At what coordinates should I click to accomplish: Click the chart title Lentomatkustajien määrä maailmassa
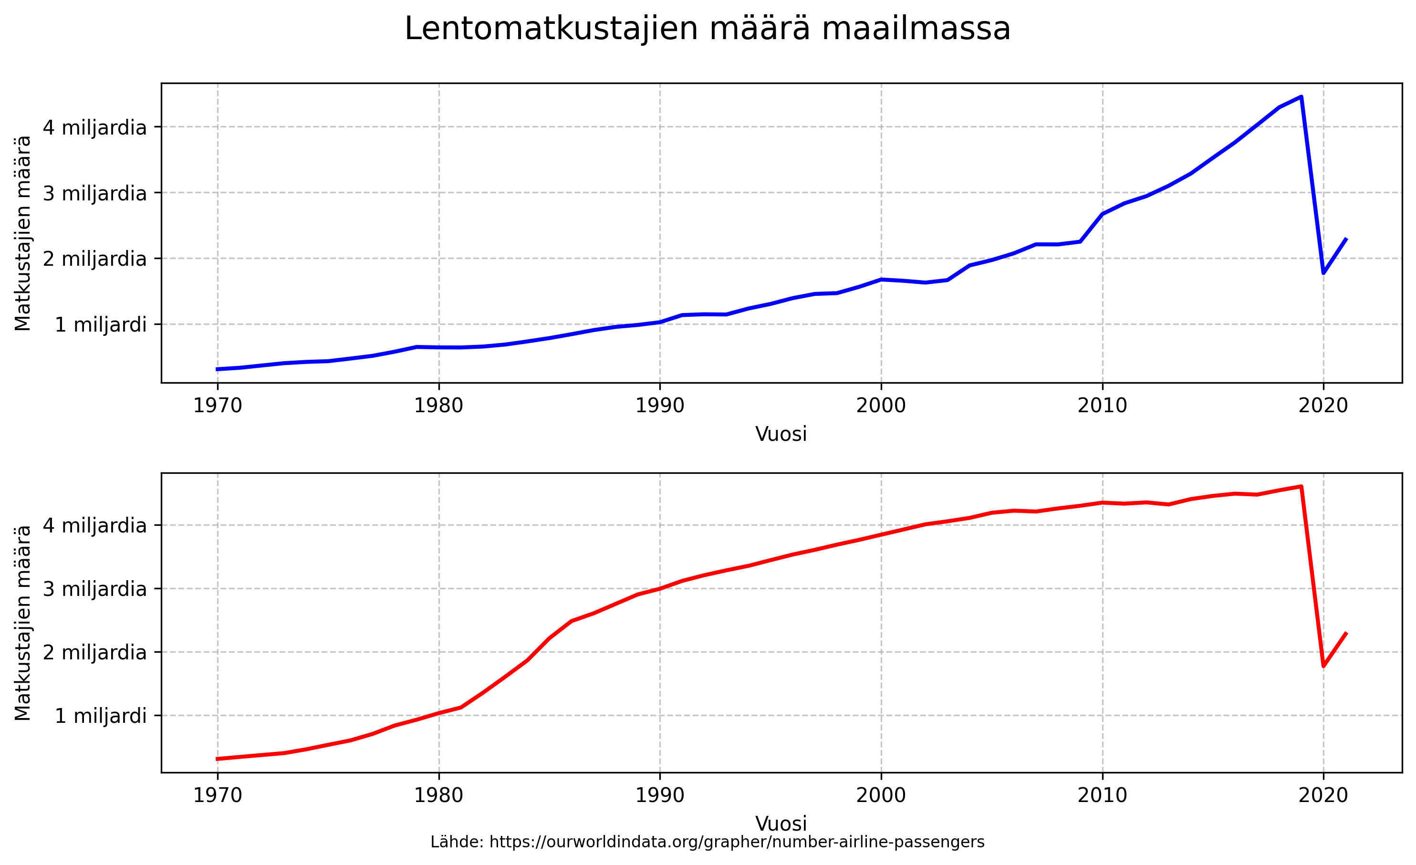(708, 29)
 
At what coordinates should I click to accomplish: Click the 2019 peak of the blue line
(1301, 96)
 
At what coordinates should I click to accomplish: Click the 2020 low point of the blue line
(1323, 272)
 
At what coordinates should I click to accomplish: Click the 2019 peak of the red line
(1301, 486)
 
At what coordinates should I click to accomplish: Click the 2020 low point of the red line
(1323, 666)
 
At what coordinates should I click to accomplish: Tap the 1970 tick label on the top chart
(217, 406)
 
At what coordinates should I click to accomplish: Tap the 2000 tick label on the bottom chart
(881, 795)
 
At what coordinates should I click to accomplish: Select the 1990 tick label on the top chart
(660, 406)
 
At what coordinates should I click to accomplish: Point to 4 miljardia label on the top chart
(95, 127)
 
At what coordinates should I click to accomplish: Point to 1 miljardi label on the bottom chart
(101, 716)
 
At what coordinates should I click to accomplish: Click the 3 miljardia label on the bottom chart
(95, 589)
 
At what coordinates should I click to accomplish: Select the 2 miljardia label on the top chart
(95, 259)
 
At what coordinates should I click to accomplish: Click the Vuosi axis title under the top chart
(781, 434)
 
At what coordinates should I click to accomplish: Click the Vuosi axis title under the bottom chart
(781, 823)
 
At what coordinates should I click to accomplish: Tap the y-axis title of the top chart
(23, 233)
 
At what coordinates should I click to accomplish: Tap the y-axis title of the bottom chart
(23, 623)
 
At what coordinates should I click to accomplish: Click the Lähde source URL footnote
(708, 843)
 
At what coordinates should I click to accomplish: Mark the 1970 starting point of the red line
(217, 759)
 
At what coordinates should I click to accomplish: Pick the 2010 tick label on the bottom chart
(1102, 795)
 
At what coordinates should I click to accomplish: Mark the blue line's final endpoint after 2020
(1346, 239)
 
